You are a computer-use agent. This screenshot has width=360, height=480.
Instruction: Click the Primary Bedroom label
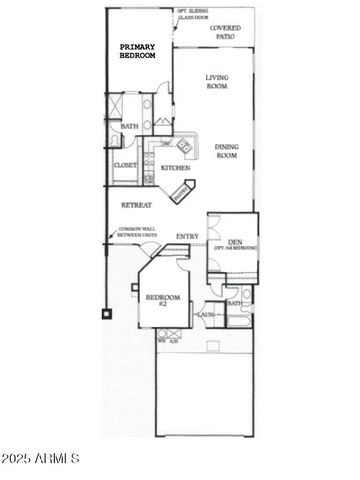coord(138,51)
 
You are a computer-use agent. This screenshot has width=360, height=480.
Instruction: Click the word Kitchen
coord(175,168)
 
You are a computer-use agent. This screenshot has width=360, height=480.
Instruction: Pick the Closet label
coord(125,164)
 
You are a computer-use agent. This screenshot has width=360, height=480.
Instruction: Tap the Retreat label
coord(136,204)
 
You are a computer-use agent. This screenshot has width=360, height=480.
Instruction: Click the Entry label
coord(187,236)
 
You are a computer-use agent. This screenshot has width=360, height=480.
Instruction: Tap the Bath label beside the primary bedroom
coord(129,127)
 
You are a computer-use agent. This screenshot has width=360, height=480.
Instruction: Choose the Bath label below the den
coord(234,303)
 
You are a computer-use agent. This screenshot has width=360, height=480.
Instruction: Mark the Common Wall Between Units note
coord(137,233)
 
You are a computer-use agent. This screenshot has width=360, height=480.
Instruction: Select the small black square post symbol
coord(104,313)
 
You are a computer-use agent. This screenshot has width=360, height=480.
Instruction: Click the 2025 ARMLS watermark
coord(41,458)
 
